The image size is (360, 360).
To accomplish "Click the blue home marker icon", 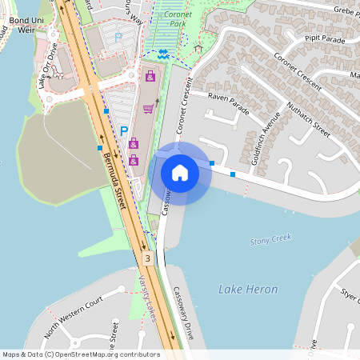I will [180, 172].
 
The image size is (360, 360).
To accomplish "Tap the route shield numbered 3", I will [148, 258].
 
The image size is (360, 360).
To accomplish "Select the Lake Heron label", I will [248, 290].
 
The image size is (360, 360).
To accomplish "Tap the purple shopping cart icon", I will [148, 110].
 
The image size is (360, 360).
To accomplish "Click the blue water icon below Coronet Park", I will [163, 54].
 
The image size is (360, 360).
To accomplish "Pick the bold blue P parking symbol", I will [124, 130].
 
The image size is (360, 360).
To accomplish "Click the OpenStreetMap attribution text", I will [80, 354].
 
